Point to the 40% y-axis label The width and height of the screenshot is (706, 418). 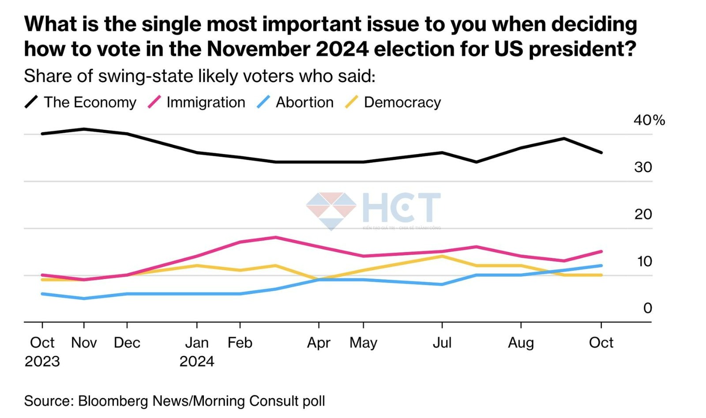point(649,120)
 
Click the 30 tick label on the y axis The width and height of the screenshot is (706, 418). point(643,167)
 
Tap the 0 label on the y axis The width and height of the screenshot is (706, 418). point(647,308)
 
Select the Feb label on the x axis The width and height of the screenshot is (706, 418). point(240,343)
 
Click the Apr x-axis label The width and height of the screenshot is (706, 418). point(319,343)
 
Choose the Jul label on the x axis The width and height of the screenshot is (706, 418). point(442,343)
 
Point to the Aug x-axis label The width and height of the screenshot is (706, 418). point(521,343)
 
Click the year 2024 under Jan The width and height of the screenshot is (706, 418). point(197,362)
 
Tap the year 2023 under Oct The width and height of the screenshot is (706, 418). point(42,362)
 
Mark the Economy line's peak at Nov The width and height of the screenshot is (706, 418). point(84,129)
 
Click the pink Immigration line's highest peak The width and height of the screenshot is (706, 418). point(275,237)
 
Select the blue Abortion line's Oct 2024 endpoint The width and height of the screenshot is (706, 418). point(601,266)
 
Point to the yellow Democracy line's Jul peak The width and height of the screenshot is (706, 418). point(442,256)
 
